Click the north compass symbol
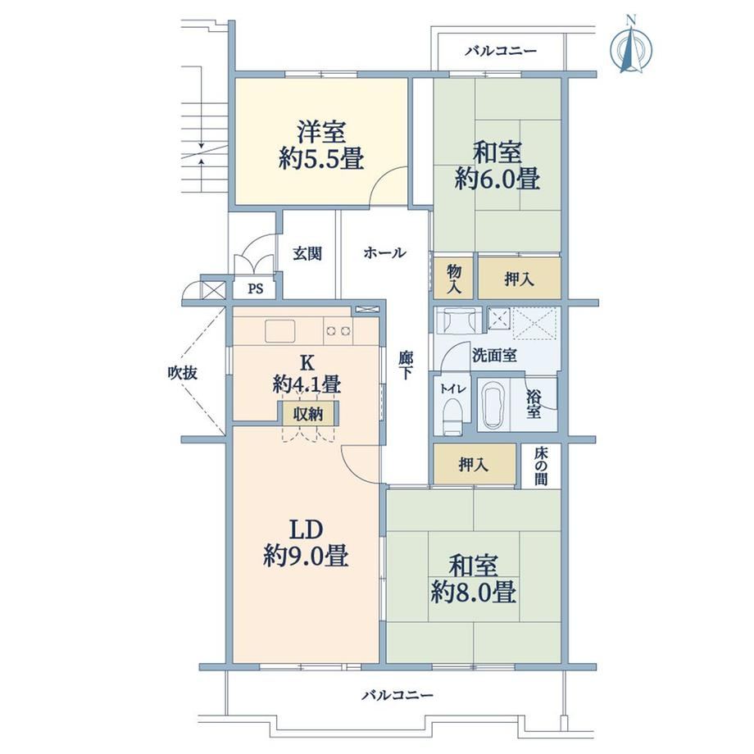click(x=631, y=46)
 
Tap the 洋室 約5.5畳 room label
click(x=321, y=145)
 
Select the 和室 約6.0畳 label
click(x=497, y=166)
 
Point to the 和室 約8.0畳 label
click(x=474, y=579)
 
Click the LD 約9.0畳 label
click(x=306, y=543)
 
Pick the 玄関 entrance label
click(x=307, y=253)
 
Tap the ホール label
click(x=384, y=252)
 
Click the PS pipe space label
click(x=256, y=289)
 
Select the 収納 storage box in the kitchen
click(x=308, y=413)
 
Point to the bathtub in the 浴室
click(x=494, y=404)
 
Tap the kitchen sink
click(x=279, y=330)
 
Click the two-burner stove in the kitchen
click(x=338, y=331)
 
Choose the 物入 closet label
click(x=454, y=279)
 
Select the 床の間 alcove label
click(x=540, y=466)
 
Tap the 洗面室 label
click(x=494, y=356)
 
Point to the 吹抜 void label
click(x=183, y=373)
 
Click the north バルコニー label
click(x=501, y=51)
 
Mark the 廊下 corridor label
click(x=406, y=365)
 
